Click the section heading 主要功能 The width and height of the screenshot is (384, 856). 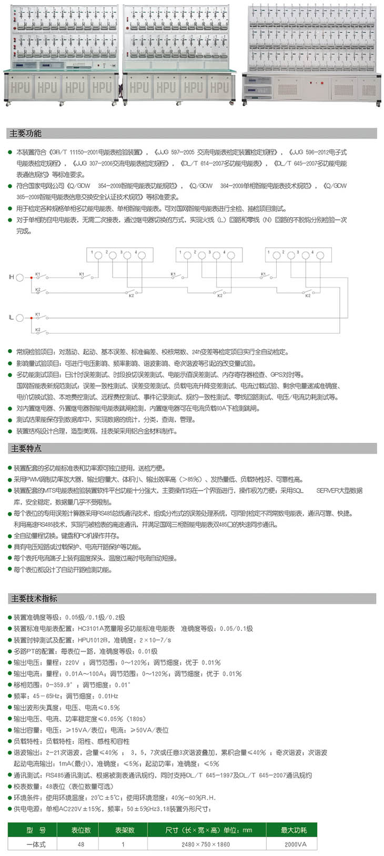[26, 134]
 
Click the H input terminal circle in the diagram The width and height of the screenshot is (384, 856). [20, 277]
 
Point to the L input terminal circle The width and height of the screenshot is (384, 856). [20, 318]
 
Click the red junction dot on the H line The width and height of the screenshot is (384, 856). [32, 277]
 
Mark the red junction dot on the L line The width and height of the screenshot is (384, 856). [32, 318]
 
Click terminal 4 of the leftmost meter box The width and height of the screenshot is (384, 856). [142, 255]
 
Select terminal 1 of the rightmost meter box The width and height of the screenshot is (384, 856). [275, 255]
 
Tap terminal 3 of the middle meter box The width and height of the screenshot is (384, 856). [215, 255]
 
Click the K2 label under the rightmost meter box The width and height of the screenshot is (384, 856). [308, 295]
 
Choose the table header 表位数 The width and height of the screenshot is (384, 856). [81, 830]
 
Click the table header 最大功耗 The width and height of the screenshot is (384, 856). [294, 830]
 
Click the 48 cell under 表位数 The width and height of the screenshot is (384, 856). [81, 844]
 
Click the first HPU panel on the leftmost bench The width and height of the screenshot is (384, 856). [20, 87]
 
